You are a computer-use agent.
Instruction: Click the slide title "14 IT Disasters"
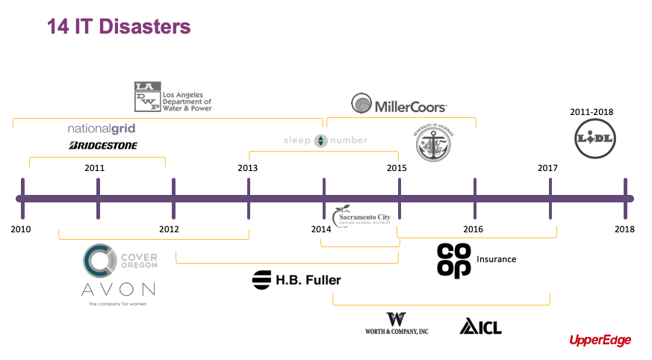[x=119, y=28]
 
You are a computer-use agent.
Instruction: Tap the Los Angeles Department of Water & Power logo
[x=173, y=96]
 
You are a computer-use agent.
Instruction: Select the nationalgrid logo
[x=102, y=128]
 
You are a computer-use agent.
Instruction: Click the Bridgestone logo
[x=103, y=146]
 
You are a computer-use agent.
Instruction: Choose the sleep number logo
[x=326, y=140]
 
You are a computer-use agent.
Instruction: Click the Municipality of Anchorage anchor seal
[x=433, y=141]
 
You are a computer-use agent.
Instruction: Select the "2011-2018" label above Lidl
[x=592, y=112]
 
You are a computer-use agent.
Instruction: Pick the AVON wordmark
[x=118, y=289]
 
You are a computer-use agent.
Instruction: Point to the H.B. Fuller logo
[x=296, y=280]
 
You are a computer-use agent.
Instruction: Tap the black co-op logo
[x=454, y=260]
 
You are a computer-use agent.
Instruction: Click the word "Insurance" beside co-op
[x=497, y=259]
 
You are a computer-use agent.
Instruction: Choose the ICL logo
[x=480, y=326]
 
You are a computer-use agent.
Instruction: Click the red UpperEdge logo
[x=600, y=341]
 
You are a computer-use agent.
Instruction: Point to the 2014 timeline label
[x=321, y=229]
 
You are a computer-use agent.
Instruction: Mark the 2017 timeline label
[x=547, y=168]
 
